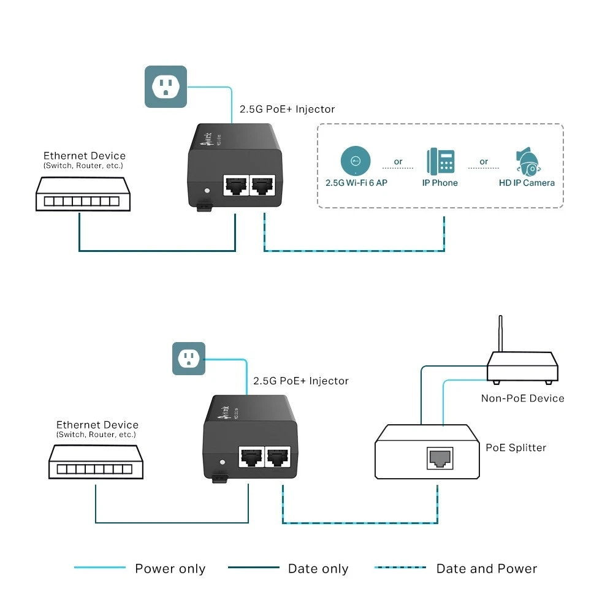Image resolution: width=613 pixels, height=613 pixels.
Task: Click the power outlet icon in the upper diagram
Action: coord(166,87)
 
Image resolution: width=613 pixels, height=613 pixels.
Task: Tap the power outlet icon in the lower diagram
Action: coord(188,359)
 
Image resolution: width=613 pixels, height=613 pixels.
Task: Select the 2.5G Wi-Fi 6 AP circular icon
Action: coord(356,161)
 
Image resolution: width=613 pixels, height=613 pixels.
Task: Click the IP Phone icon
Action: coord(440,161)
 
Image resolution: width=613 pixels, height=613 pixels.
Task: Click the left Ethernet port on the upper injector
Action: coord(235,185)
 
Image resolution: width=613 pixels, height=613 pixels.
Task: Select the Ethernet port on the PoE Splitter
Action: coord(440,457)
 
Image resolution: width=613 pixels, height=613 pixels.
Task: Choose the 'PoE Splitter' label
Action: coord(516,447)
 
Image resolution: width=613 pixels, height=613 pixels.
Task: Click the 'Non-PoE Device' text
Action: coord(522,398)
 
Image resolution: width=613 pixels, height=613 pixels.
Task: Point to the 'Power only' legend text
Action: coord(170,569)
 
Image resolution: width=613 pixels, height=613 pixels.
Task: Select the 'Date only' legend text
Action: coord(318,569)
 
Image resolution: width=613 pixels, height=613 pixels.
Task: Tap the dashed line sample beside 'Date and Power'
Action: coord(400,568)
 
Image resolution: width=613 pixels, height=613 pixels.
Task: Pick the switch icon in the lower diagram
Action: coord(96,462)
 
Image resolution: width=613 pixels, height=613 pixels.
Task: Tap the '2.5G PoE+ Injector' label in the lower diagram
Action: coord(300,381)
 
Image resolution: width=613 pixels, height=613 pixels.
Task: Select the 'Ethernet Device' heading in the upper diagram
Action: coord(84,156)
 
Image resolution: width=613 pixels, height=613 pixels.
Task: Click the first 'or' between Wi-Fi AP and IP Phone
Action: coord(398,162)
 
